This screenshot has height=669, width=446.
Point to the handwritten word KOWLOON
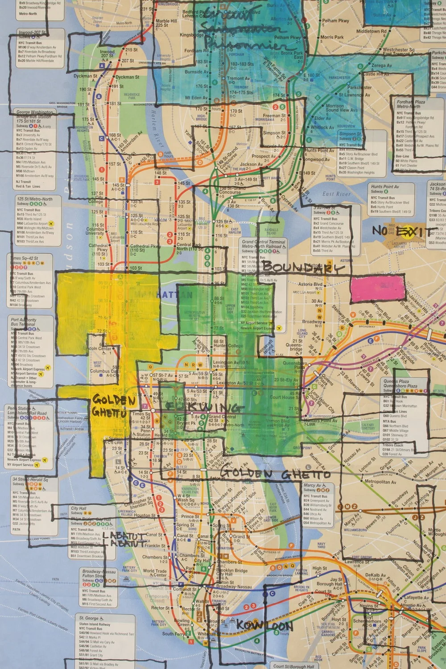pyautogui.click(x=264, y=626)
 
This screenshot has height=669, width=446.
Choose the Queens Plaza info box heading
pyautogui.click(x=399, y=383)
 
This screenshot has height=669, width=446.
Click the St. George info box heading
pyautogui.click(x=89, y=618)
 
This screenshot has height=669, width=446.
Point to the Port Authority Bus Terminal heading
pyautogui.click(x=27, y=322)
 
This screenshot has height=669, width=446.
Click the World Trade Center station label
pyautogui.click(x=155, y=574)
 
